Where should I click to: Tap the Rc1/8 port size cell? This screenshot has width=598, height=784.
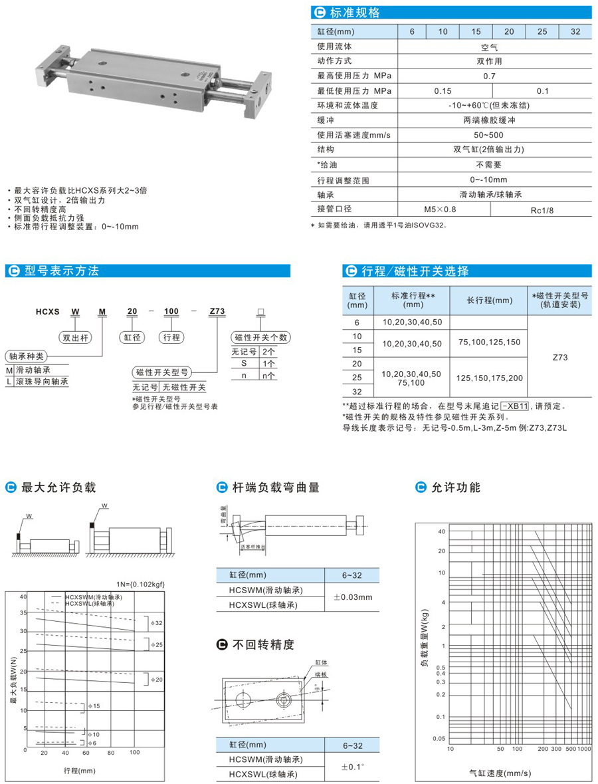coord(542,210)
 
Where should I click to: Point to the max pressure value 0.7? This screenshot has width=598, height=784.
coord(489,76)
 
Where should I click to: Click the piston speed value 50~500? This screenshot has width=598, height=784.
coord(489,135)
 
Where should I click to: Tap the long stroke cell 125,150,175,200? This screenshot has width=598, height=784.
coord(489,377)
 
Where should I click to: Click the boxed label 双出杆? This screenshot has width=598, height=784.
coord(75,337)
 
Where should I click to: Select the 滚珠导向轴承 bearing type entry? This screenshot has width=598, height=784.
coord(41,381)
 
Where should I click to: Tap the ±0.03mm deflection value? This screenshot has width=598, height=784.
coord(351,597)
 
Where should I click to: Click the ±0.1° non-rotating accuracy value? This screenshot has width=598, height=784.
coord(351,766)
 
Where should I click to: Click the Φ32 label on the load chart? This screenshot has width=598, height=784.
coord(157,623)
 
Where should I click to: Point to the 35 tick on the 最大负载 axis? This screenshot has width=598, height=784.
coord(23,612)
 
